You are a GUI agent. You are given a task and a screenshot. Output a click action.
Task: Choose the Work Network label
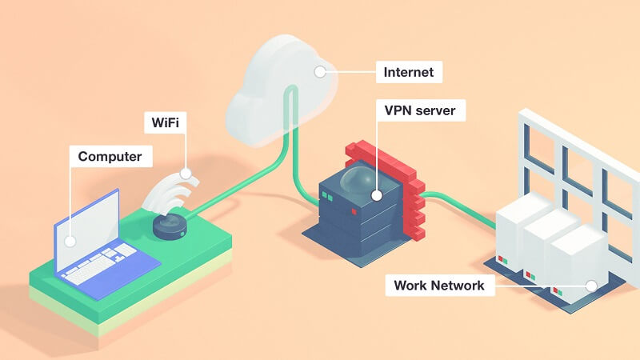pyautogui.click(x=438, y=285)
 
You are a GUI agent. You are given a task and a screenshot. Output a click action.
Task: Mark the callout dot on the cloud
pyautogui.click(x=320, y=71)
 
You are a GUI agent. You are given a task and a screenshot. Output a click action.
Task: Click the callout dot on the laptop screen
pyautogui.click(x=70, y=240)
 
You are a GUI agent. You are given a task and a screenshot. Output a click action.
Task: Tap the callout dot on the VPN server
pyautogui.click(x=376, y=194)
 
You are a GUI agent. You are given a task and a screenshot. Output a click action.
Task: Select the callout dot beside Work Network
pyautogui.click(x=591, y=285)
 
